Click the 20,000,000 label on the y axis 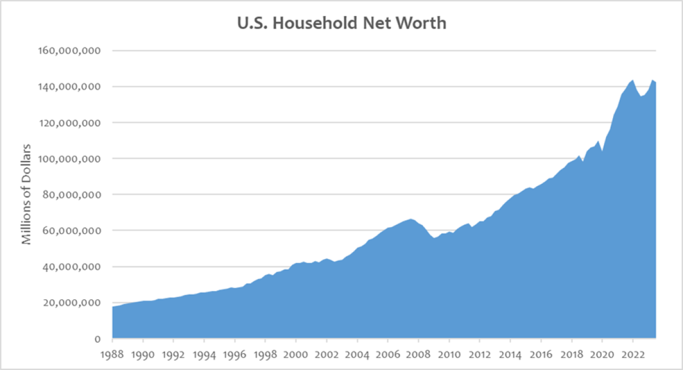(70, 303)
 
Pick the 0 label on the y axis (97, 339)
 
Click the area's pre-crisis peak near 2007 (411, 219)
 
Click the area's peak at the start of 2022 (632, 80)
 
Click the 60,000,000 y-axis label (70, 231)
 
